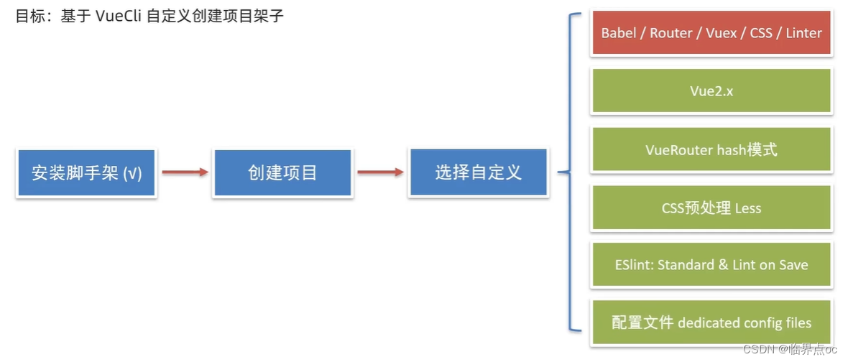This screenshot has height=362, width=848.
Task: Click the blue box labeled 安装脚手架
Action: point(86,173)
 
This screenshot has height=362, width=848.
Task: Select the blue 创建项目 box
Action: point(282,173)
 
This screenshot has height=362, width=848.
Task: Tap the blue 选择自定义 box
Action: point(478,172)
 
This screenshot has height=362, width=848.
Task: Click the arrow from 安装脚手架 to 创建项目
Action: point(185,172)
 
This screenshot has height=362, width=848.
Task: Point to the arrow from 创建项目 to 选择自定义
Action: point(380,172)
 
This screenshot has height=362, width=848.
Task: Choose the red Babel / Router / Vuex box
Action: point(711,33)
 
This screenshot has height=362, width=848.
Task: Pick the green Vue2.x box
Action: point(711,91)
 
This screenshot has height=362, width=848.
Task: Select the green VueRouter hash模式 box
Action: point(711,150)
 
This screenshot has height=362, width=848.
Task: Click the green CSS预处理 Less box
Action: point(711,208)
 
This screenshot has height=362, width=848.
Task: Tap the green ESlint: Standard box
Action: point(711,265)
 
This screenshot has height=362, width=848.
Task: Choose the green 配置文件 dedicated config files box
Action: point(711,322)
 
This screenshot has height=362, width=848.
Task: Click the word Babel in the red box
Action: point(619,33)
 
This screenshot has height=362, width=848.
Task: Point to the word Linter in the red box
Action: point(803,33)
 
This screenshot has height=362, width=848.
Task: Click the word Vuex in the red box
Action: point(720,33)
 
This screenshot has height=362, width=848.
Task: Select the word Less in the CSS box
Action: point(747,208)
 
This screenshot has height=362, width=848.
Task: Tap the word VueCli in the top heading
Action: point(119,16)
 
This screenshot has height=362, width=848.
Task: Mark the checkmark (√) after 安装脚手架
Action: point(132,174)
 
